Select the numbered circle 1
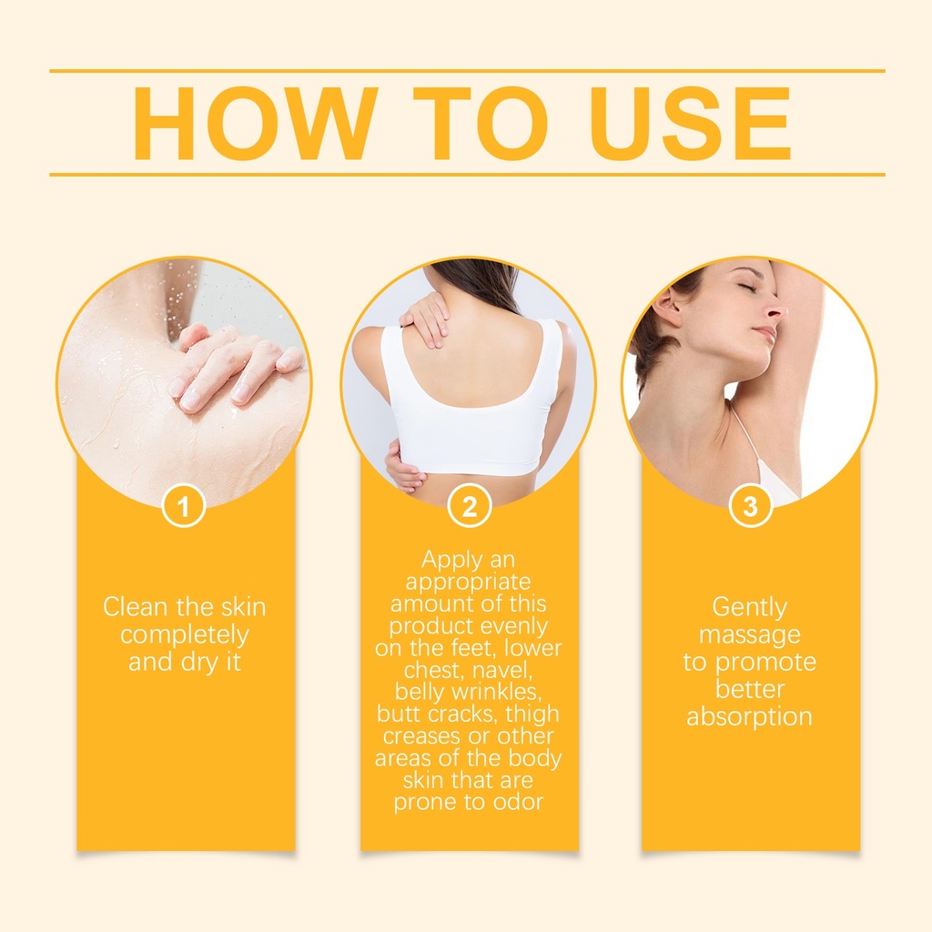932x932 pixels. (184, 507)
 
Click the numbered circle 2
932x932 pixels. (470, 507)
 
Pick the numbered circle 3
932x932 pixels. (750, 507)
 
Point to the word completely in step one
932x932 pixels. (184, 635)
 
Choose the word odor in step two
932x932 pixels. (516, 802)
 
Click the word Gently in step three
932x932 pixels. (749, 608)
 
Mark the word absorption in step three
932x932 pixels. (749, 717)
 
